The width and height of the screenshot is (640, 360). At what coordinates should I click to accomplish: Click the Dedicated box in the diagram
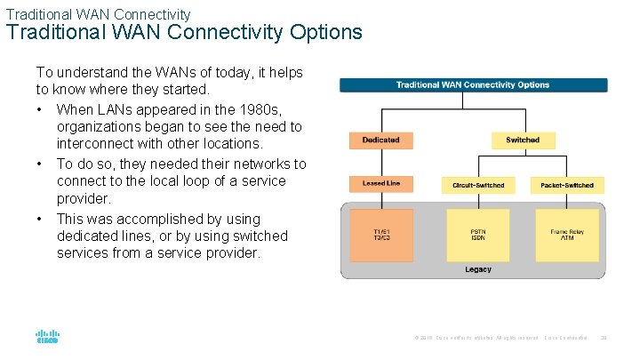tap(380, 140)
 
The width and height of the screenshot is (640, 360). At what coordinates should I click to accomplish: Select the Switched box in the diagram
tap(523, 140)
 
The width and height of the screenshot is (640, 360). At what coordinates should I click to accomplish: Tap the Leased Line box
tap(380, 184)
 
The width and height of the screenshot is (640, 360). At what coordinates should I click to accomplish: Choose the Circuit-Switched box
tap(477, 185)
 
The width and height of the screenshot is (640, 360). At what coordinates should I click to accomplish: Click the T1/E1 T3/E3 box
tap(380, 235)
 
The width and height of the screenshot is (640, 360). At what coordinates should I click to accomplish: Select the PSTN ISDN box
tap(477, 235)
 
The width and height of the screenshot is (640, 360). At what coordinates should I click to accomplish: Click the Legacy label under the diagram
tap(477, 269)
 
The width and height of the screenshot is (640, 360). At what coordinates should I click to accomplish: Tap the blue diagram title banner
tap(473, 85)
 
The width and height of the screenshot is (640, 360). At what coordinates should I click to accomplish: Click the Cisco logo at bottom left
tap(47, 338)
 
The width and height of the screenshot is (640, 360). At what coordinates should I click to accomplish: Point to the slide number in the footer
tap(604, 338)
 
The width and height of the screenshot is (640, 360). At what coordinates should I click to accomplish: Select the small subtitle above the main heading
tap(98, 14)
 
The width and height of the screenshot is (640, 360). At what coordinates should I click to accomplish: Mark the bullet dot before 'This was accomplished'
tap(41, 219)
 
